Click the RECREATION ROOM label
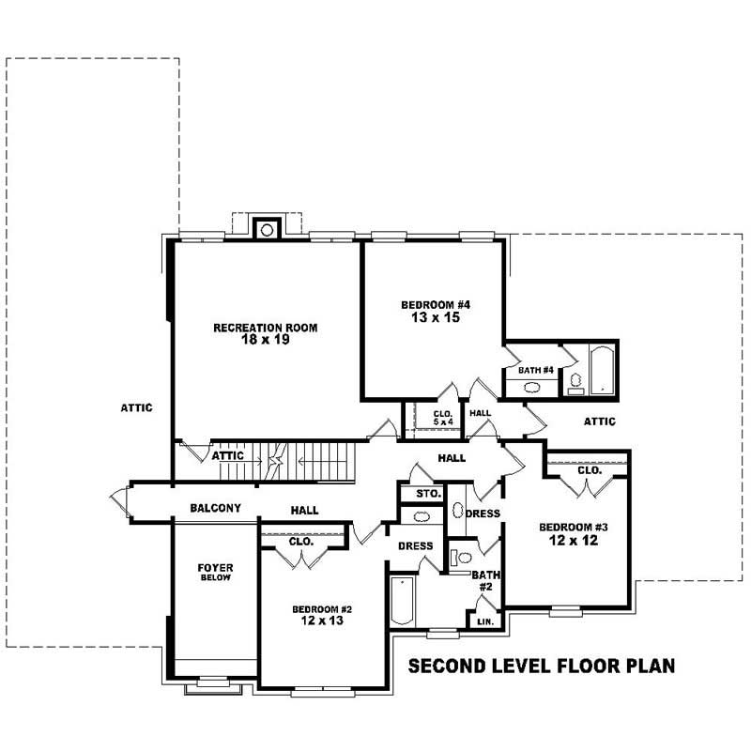265,328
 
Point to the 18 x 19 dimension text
265,340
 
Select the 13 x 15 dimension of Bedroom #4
435,317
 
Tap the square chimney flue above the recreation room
267,229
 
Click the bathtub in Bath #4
602,370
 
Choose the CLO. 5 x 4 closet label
443,418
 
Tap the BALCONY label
215,508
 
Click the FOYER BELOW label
215,572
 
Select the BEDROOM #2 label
321,608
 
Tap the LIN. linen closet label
485,621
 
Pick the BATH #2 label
485,580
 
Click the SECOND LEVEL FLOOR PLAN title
543,667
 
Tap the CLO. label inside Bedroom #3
589,470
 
